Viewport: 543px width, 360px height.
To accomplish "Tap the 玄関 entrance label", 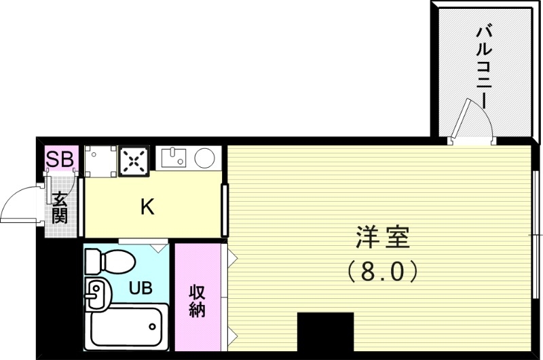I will [60, 208].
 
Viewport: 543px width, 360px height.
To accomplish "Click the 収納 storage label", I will [197, 301].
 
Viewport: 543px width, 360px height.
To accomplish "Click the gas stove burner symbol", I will [134, 161].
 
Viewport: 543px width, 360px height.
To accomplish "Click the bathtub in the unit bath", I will [128, 326].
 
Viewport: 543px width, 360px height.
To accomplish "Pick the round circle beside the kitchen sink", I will [206, 159].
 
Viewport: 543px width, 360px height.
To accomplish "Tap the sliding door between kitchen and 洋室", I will [224, 209].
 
